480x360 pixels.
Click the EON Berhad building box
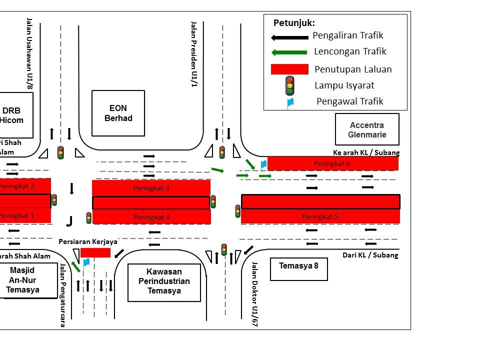(x=118, y=113)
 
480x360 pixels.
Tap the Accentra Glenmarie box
(x=367, y=129)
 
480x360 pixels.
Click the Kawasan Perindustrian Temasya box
(x=164, y=282)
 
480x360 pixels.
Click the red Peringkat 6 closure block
(x=332, y=163)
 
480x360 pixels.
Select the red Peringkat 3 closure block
(x=151, y=188)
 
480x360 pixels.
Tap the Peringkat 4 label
(x=151, y=217)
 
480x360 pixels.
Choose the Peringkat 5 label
(x=320, y=216)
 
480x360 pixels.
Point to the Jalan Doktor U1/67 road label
(x=254, y=294)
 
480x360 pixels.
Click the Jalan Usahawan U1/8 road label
(x=29, y=53)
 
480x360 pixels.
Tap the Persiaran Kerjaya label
(x=88, y=241)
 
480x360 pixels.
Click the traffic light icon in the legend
(x=289, y=85)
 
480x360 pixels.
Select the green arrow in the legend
(x=289, y=52)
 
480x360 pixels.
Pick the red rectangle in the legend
(x=289, y=69)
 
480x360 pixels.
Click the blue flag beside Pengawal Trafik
(x=289, y=102)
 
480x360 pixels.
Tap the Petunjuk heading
(x=294, y=23)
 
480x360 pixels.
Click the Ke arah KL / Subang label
(x=366, y=152)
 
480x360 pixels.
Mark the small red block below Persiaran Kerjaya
(x=95, y=252)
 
